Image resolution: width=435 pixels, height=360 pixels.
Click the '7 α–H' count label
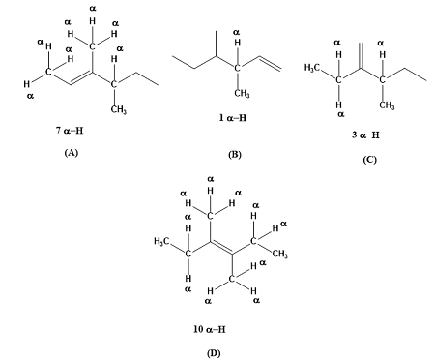point(70,129)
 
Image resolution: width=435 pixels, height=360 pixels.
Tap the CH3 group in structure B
point(242,93)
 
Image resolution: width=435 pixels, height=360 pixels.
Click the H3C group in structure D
point(163,240)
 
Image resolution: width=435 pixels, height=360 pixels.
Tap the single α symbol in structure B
point(236,33)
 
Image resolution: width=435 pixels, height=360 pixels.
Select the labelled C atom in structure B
point(236,68)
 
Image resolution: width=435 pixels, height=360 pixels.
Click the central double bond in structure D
point(221,248)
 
